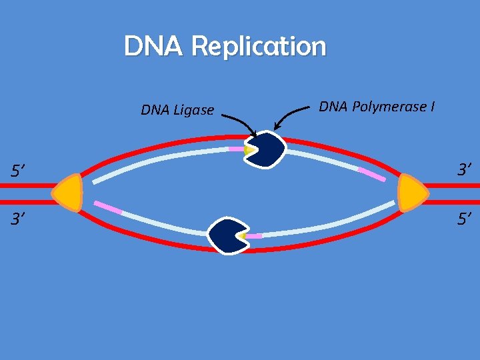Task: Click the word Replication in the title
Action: pyautogui.click(x=259, y=47)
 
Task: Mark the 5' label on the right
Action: pyautogui.click(x=465, y=218)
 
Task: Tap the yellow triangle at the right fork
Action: pyautogui.click(x=411, y=193)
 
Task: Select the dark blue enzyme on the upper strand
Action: pyautogui.click(x=266, y=149)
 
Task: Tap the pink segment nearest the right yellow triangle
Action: pyautogui.click(x=371, y=175)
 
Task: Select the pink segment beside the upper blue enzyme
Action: pyautogui.click(x=236, y=149)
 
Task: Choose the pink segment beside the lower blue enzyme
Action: pyautogui.click(x=253, y=236)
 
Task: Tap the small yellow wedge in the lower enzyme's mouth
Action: pyautogui.click(x=243, y=236)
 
